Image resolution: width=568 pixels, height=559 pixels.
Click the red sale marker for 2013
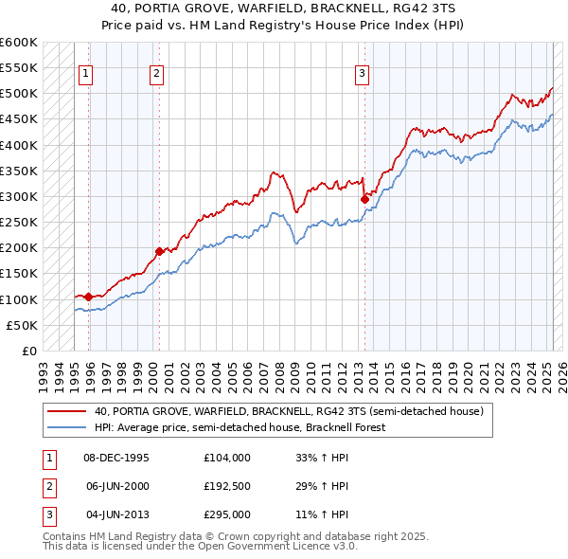coord(364,199)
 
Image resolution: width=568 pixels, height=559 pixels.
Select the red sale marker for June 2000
coord(160,251)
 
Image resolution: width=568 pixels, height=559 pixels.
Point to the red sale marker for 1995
coord(89,297)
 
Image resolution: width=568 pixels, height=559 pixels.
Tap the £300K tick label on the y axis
coord(19,196)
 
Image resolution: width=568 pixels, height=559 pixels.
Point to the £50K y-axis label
coord(23,325)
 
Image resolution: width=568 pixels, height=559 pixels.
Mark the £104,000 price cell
coord(226,457)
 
